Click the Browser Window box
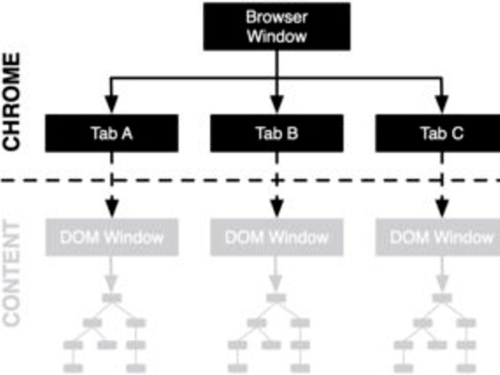277,27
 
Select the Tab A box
112,133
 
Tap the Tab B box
277,133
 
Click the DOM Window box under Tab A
112,237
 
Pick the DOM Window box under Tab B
277,237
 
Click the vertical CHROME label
12,101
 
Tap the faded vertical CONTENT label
12,274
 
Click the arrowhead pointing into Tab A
112,104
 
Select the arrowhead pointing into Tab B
277,104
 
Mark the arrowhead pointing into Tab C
441,104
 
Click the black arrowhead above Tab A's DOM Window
112,208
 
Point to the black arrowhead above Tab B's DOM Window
277,208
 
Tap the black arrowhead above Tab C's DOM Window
441,208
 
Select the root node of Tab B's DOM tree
276,298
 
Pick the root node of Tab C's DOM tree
441,298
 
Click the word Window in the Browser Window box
277,36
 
